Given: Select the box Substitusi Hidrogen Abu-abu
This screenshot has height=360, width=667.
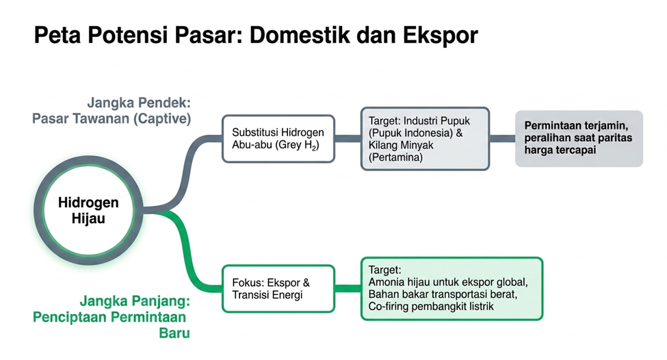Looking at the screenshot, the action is point(278,139).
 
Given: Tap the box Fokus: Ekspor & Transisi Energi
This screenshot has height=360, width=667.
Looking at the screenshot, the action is point(278,289).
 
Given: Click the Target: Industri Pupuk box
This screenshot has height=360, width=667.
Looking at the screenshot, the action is point(425,139).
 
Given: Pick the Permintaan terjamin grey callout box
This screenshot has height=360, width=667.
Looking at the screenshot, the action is point(579,139).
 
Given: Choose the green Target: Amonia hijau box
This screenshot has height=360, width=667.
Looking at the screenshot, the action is point(452,289).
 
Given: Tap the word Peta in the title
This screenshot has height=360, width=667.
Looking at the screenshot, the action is point(57,36).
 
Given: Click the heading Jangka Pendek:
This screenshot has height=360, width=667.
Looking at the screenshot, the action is point(139,103).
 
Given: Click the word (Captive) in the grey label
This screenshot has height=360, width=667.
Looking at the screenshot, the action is point(162,118).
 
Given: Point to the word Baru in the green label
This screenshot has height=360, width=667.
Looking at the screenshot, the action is point(174,333).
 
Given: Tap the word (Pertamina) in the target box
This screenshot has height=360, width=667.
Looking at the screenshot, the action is point(395,157).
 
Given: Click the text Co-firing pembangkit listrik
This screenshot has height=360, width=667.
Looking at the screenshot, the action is point(431,307).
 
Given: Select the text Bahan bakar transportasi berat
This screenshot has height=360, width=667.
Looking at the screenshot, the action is point(443,294).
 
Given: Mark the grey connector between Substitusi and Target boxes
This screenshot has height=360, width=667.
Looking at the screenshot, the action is point(348,139).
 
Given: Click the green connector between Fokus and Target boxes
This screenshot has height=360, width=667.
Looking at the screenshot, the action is point(348,289).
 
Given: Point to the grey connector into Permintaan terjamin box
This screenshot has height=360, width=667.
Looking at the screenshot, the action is point(502,139).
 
